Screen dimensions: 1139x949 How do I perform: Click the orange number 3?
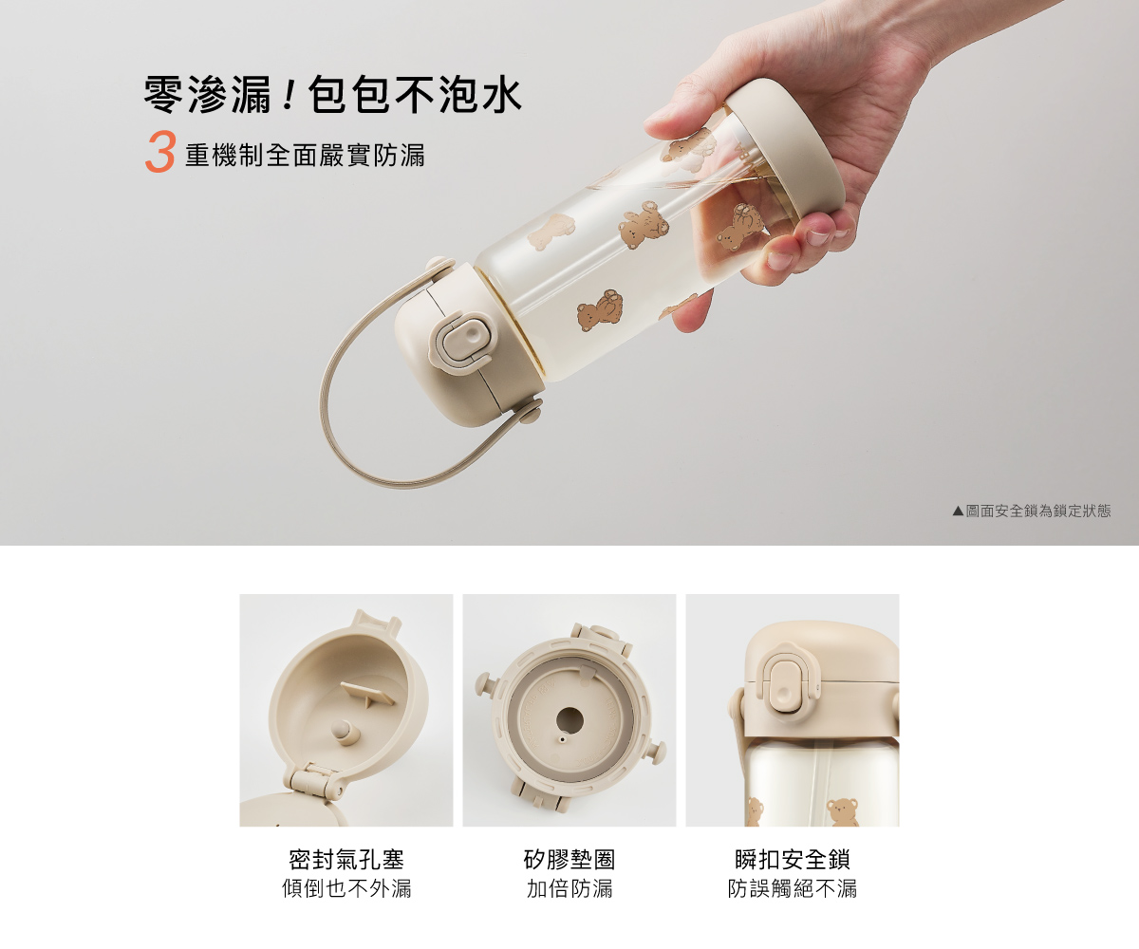pyautogui.click(x=159, y=151)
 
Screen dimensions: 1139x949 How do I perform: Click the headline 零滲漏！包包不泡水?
pyautogui.click(x=333, y=95)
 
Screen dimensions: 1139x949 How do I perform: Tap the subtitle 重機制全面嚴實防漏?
pyautogui.click(x=305, y=156)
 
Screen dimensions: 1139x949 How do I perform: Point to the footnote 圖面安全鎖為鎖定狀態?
pyautogui.click(x=1038, y=512)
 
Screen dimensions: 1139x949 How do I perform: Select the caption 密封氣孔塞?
pyautogui.click(x=346, y=860)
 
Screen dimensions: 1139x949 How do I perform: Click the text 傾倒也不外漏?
pyautogui.click(x=346, y=888)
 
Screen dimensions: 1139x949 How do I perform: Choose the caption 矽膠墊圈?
pyautogui.click(x=569, y=860)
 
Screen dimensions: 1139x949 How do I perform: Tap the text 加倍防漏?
pyautogui.click(x=569, y=888)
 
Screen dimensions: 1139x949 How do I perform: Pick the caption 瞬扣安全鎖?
pyautogui.click(x=792, y=860)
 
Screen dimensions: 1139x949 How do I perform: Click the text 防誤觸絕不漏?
pyautogui.click(x=792, y=888)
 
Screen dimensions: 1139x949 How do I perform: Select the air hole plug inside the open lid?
pyautogui.click(x=342, y=730)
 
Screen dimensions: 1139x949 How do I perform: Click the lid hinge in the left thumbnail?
pyautogui.click(x=312, y=783)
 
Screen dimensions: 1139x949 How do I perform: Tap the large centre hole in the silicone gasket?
pyautogui.click(x=569, y=720)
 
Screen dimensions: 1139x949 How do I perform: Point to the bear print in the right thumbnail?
pyautogui.click(x=842, y=812)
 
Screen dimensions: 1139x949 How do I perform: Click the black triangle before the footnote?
pyautogui.click(x=958, y=512)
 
